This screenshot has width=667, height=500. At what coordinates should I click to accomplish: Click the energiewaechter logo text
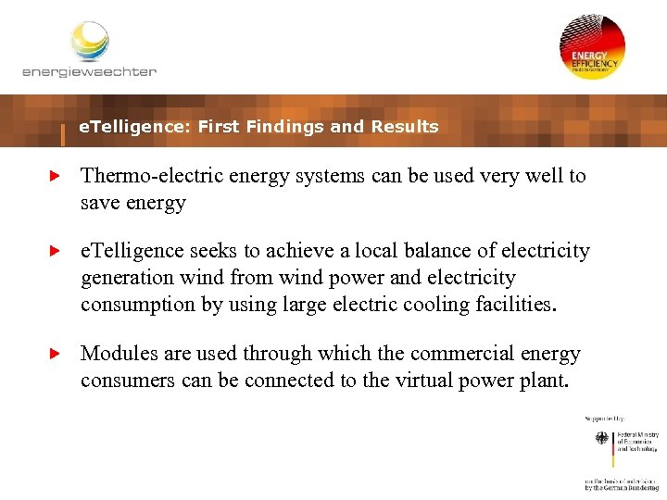[x=89, y=71]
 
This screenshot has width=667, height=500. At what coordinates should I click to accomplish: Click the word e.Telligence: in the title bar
[x=135, y=127]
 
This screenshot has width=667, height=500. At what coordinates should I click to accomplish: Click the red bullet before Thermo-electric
[x=54, y=175]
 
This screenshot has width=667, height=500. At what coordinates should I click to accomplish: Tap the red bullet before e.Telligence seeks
[x=54, y=251]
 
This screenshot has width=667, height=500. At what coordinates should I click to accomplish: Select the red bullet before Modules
[x=54, y=354]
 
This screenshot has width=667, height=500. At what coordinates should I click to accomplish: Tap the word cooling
[x=440, y=305]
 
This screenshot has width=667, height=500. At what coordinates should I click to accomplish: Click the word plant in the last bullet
[x=544, y=381]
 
